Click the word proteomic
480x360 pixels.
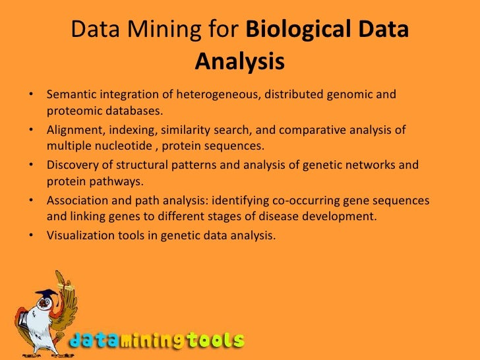click(x=76, y=109)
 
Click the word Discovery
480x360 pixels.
click(x=73, y=165)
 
